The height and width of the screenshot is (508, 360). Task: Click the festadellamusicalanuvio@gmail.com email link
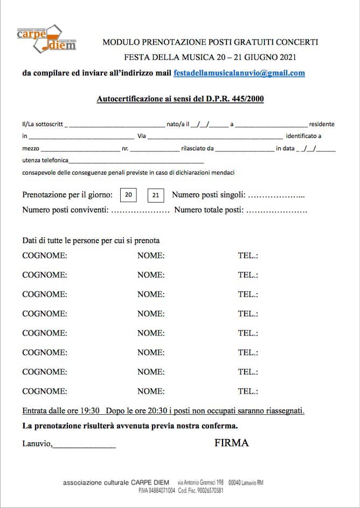pos(239,73)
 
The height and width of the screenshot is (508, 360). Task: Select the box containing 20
pos(128,195)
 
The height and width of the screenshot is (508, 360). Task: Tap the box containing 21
pos(156,195)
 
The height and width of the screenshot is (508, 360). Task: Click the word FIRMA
pos(231,443)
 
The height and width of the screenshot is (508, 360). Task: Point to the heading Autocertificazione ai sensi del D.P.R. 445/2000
pos(180,99)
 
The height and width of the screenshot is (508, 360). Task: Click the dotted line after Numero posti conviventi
pos(140,210)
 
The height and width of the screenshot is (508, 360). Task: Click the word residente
pos(322,124)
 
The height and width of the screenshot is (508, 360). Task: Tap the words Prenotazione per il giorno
pos(67,195)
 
